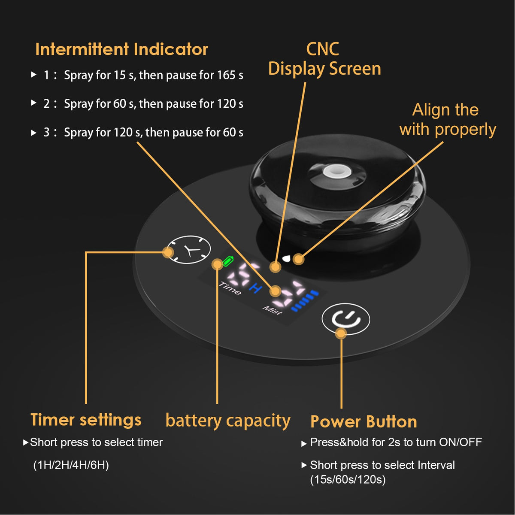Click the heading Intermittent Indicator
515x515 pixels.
click(121, 49)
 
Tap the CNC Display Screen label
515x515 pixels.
click(324, 59)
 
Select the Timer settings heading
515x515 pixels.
click(86, 420)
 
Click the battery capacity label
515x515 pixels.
click(228, 421)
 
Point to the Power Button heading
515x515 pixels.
click(364, 422)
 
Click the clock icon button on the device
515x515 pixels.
click(189, 250)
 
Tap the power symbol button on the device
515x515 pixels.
click(346, 319)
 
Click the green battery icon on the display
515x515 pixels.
click(228, 261)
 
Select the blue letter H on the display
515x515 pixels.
click(256, 288)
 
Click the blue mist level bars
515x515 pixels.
click(305, 300)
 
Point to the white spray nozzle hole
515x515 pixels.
click(334, 172)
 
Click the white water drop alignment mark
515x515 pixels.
click(286, 258)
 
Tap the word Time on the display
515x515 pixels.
click(230, 288)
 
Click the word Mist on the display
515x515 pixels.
click(272, 310)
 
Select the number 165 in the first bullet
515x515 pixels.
click(226, 75)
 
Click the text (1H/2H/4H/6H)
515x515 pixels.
click(71, 465)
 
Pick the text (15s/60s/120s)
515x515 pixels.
click(348, 480)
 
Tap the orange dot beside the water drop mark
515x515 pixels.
click(299, 259)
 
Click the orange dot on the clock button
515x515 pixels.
click(168, 252)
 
